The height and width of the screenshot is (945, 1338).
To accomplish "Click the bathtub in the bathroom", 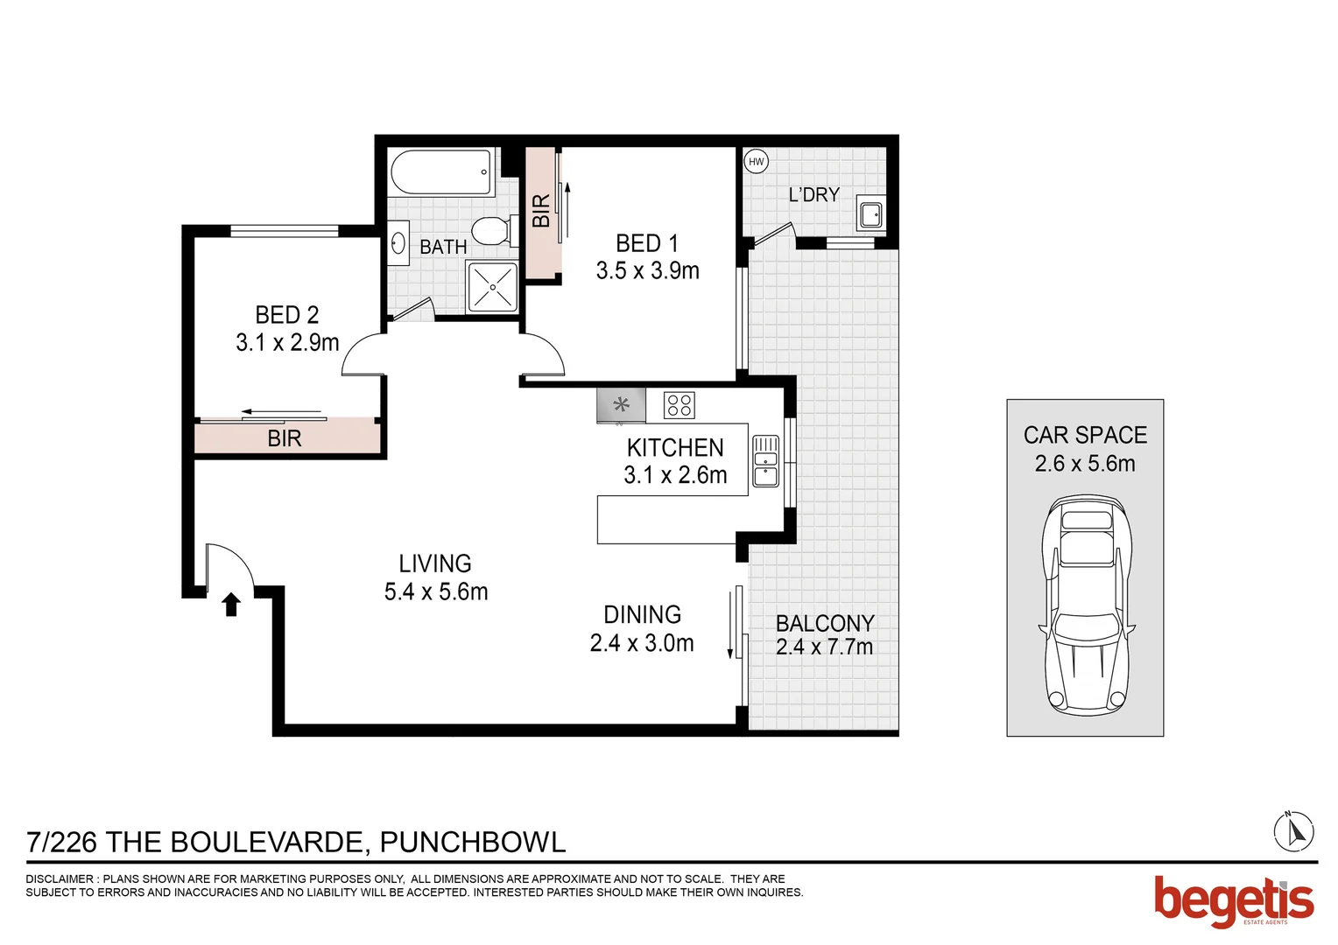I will coord(442,173).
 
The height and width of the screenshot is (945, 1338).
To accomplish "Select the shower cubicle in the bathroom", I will coord(493,286).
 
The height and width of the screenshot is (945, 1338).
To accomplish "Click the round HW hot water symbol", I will coord(756,162).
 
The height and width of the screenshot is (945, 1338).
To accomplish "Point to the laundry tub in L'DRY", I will coord(871,213).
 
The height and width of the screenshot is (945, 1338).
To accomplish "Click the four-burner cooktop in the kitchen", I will coord(680,405).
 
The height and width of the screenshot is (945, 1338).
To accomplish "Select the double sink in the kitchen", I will coord(765,460).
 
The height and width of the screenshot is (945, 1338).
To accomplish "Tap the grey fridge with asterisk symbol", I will coord(621,405).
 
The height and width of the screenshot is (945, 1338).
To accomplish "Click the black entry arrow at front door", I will coord(231,605).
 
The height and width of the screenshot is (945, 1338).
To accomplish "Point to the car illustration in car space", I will coord(1086,604).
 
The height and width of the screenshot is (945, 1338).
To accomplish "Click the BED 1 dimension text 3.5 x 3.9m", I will coord(647,271).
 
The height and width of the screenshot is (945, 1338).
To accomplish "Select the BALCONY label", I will coord(825,623).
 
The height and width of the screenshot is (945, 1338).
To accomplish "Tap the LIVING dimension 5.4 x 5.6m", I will coord(436,592).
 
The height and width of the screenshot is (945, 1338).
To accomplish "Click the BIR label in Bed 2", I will coord(285,438).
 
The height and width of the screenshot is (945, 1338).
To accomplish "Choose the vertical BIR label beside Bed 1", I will coord(541,211).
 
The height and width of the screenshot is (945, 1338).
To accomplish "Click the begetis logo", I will coord(1233,901).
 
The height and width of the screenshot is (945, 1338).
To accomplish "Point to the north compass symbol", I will coord(1293,831).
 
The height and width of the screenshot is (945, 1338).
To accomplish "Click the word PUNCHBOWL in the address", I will coord(473,842).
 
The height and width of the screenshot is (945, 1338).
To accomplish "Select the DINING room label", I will coord(642,614).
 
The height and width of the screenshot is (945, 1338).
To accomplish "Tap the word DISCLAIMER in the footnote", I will coord(60,878).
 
